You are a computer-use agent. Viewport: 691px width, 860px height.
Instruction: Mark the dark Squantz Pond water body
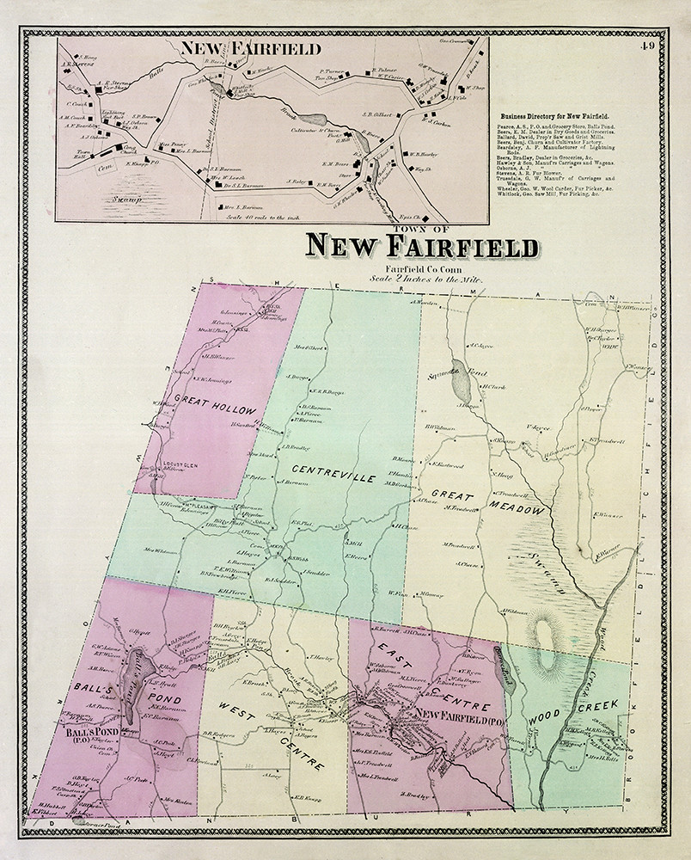(x=460, y=378)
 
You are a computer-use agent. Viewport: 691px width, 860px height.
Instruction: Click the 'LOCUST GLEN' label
(x=180, y=465)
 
